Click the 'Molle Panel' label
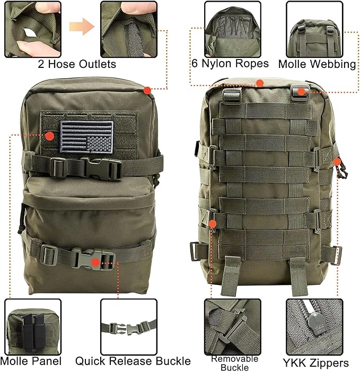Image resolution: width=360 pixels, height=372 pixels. click(31, 362)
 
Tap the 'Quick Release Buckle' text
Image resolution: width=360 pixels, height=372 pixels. click(133, 361)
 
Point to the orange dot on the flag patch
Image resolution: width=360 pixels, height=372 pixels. click(50, 136)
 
